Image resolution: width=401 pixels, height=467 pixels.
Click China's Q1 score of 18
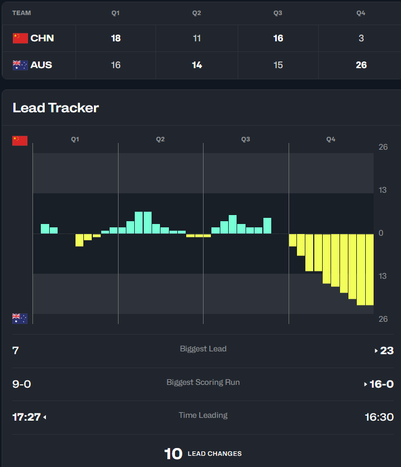[x=116, y=39]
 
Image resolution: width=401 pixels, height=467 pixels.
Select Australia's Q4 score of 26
[x=361, y=65]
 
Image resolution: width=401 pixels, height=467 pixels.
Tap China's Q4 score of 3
[x=361, y=39]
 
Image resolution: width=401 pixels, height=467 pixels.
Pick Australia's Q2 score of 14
[x=197, y=65]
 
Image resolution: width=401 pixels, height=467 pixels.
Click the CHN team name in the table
[x=42, y=39]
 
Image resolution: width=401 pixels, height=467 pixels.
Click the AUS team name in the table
[x=41, y=65]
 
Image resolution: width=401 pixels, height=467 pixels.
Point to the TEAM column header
[x=22, y=13]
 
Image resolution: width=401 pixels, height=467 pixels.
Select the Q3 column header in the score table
[x=278, y=13]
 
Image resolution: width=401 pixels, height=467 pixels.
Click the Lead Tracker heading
[x=55, y=108]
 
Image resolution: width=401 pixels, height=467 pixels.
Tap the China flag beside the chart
[x=20, y=140]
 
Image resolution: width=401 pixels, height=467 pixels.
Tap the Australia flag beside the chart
[x=20, y=318]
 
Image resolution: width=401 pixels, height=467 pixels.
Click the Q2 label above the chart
[x=161, y=139]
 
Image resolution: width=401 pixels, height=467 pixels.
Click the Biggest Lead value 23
[x=386, y=351]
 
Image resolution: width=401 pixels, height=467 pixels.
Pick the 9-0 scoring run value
[x=22, y=384]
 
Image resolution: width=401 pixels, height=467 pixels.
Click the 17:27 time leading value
[x=27, y=417]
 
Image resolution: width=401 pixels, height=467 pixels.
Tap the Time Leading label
[x=203, y=415]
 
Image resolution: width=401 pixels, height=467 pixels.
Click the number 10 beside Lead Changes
[x=173, y=454]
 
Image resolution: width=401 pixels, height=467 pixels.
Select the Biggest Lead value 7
[x=16, y=351]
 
